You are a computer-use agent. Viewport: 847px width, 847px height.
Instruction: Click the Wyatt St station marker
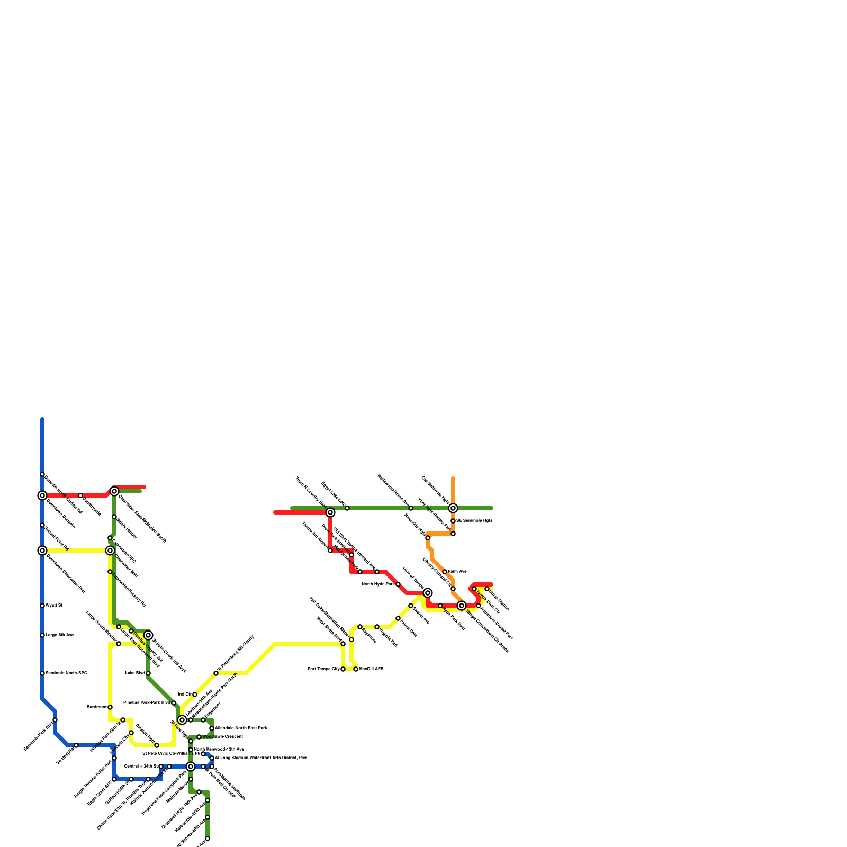point(42,606)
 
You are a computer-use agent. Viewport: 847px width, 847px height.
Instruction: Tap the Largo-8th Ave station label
point(59,635)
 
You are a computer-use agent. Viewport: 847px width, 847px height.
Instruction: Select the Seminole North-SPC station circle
point(42,673)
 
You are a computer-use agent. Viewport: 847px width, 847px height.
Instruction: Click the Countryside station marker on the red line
point(80,495)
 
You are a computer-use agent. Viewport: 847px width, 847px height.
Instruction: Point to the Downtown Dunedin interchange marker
point(42,495)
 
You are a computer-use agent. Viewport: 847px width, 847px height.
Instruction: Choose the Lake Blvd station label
point(134,673)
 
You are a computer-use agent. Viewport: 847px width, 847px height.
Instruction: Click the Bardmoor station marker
point(110,707)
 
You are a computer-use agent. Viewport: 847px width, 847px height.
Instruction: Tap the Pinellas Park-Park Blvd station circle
point(174,703)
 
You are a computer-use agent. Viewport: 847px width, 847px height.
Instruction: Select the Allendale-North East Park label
point(241,728)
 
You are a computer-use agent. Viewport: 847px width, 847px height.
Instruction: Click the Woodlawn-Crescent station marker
point(199,737)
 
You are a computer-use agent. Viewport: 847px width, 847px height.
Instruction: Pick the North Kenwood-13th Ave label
point(219,750)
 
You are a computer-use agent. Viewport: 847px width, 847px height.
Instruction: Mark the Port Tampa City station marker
point(343,669)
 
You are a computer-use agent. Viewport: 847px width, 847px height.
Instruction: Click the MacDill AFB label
point(371,669)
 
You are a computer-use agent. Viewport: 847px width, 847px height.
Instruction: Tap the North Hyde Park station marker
point(398,584)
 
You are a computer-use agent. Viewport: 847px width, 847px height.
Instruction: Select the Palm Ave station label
point(457,572)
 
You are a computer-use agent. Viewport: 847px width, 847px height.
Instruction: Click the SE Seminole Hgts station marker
point(453,521)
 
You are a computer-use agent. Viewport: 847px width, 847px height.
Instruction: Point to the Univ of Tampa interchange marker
point(428,593)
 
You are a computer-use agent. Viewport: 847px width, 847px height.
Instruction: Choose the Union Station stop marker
point(487,589)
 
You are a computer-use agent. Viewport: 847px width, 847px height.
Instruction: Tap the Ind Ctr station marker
point(195,695)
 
